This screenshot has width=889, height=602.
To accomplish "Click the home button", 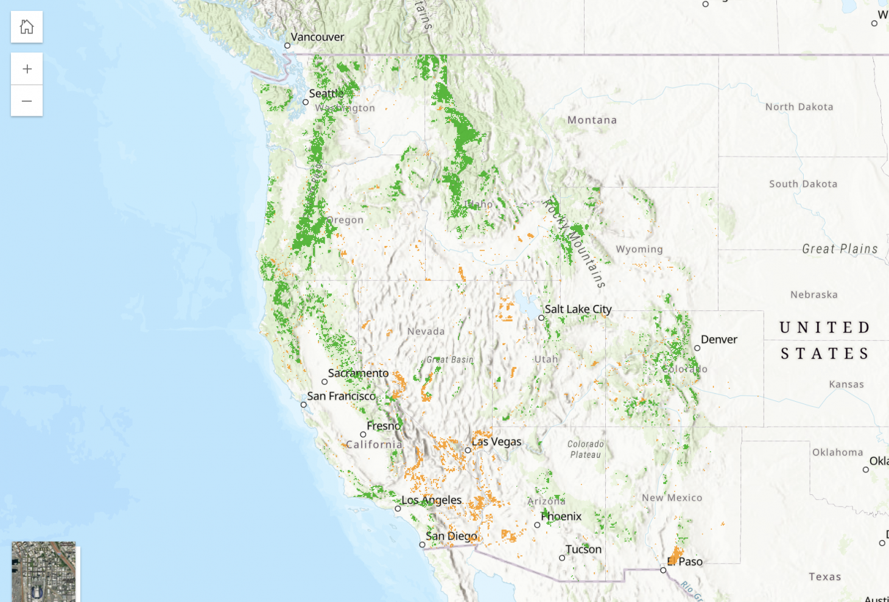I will pyautogui.click(x=27, y=27).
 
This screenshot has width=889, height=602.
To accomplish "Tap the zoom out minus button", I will pyautogui.click(x=27, y=100).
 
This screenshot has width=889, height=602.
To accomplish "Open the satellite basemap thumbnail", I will pyautogui.click(x=44, y=571).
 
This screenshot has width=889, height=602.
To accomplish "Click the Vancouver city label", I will pyautogui.click(x=317, y=37).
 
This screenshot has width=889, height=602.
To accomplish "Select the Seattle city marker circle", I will pyautogui.click(x=306, y=102).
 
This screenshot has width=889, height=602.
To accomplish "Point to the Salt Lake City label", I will pyautogui.click(x=578, y=309).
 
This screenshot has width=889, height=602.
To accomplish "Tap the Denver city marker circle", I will pyautogui.click(x=697, y=348).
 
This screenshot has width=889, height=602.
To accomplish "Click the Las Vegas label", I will pyautogui.click(x=496, y=442).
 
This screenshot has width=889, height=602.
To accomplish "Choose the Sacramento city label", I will pyautogui.click(x=358, y=373).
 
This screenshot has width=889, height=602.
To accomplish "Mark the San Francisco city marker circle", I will pyautogui.click(x=304, y=405).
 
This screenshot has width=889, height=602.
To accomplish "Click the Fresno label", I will pyautogui.click(x=384, y=426).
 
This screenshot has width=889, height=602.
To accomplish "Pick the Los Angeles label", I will pyautogui.click(x=431, y=500).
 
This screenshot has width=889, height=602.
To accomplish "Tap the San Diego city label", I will pyautogui.click(x=451, y=536).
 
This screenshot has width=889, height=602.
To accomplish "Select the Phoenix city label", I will pyautogui.click(x=561, y=517).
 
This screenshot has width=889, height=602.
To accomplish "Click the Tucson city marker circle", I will pyautogui.click(x=562, y=558).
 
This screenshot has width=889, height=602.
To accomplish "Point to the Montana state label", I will pyautogui.click(x=592, y=121).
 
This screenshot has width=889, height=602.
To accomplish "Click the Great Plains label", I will pyautogui.click(x=840, y=249).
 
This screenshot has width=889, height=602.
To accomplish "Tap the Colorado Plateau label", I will pyautogui.click(x=586, y=449).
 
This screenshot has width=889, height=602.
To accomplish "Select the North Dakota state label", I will pyautogui.click(x=799, y=107).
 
